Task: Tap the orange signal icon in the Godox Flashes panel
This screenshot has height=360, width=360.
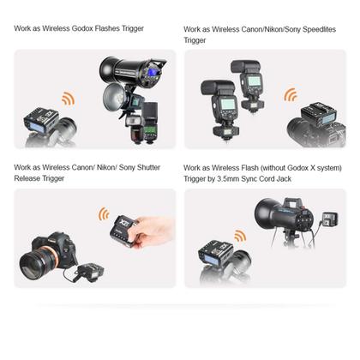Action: [67, 99]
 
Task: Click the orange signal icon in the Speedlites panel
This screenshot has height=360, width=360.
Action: [291, 95]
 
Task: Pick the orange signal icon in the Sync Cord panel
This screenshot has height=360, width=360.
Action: [240, 236]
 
